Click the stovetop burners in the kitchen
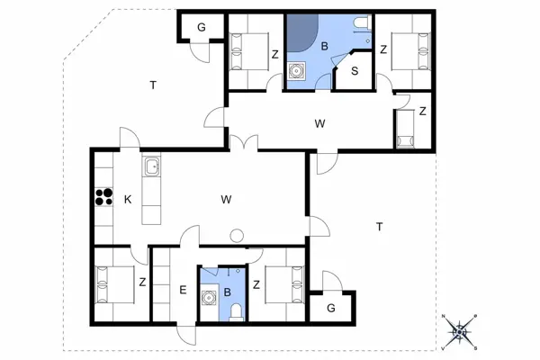104,197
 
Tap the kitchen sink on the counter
151,166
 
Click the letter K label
128,200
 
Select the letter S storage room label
355,71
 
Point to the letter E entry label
183,290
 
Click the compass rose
459,332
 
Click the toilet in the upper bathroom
362,22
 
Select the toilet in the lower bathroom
236,311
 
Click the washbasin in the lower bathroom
209,298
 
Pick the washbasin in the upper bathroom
296,71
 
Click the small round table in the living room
237,236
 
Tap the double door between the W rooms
244,141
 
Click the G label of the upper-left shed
202,27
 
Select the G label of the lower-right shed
331,308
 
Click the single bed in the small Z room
405,129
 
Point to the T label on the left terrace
153,85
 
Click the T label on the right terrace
380,227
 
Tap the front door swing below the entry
186,335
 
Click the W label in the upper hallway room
319,123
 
